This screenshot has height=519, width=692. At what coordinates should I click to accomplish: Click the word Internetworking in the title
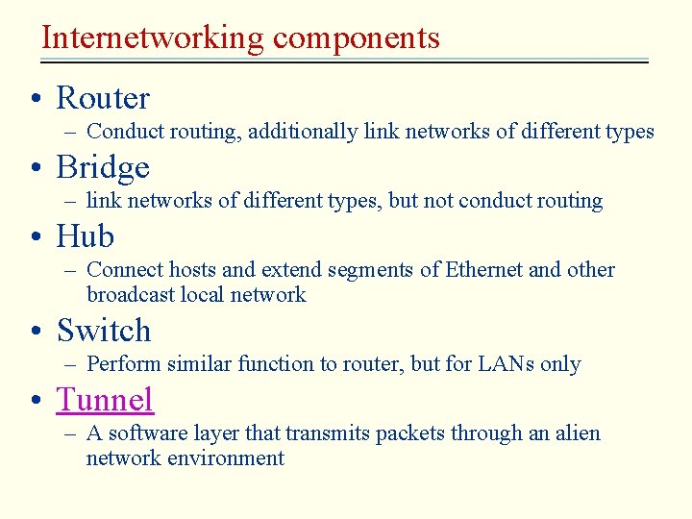coord(153,38)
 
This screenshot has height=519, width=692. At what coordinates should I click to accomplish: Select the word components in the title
coord(356,38)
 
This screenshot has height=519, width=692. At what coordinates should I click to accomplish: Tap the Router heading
coord(103,98)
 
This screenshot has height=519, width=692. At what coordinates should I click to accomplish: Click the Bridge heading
coord(103,167)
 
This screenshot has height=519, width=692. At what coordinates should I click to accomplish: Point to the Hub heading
coord(85,236)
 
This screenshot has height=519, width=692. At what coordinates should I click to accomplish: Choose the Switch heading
coord(104,331)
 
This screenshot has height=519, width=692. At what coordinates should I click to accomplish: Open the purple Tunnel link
coord(105,399)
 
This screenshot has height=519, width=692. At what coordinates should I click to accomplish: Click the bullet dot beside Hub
coord(35,237)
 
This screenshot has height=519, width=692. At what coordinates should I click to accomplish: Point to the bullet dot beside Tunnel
coord(35,400)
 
